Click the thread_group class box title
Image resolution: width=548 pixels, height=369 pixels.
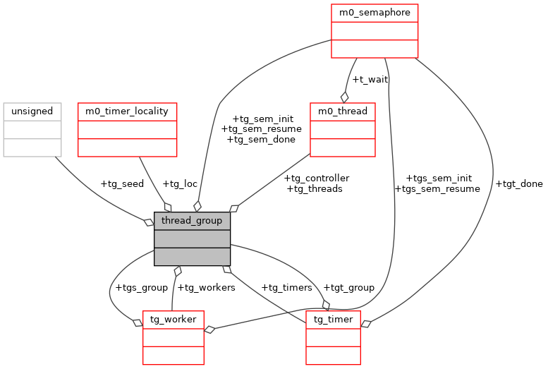192,221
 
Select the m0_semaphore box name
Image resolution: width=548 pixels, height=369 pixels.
375,13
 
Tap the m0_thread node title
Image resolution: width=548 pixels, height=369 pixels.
343,111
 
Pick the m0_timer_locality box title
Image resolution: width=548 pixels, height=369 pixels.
127,111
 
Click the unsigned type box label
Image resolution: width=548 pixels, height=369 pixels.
32,111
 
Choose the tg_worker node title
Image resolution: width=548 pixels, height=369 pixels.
173,320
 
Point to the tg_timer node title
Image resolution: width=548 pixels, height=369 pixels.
333,320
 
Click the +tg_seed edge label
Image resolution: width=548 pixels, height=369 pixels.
122,184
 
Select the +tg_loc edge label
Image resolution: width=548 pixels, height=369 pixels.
180,184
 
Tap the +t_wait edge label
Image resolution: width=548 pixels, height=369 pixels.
370,79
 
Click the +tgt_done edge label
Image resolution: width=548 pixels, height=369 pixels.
519,184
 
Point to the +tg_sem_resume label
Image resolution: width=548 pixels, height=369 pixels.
261,129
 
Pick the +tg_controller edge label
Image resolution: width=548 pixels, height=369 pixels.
316,179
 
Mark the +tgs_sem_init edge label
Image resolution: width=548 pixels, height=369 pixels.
439,179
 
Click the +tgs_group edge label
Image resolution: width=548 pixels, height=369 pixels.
141,287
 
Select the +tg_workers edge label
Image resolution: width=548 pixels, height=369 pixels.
206,287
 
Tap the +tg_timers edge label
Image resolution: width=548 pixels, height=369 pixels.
286,287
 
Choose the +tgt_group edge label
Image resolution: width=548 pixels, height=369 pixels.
348,287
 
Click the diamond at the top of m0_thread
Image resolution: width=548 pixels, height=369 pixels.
345,97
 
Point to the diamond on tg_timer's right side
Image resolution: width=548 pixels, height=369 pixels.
365,324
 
